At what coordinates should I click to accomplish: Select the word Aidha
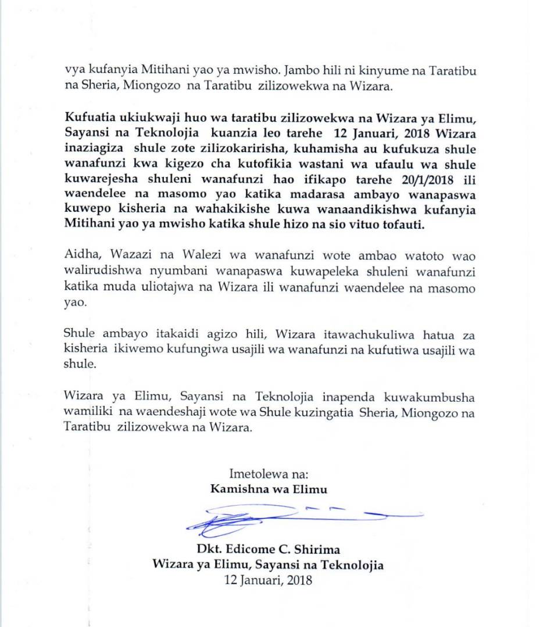[x=80, y=259]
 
